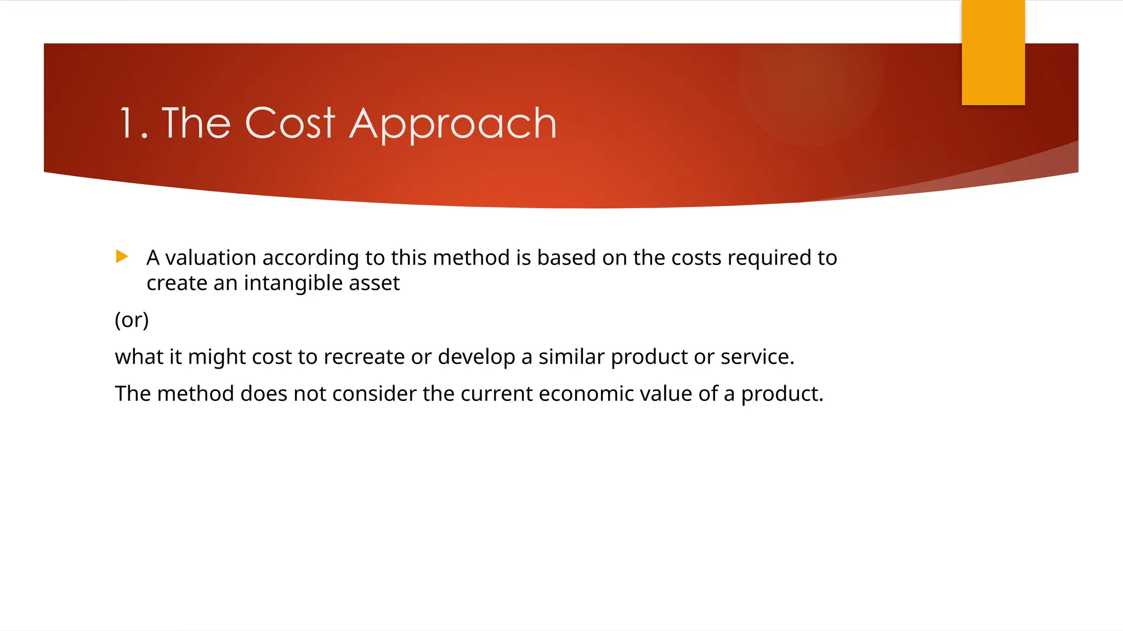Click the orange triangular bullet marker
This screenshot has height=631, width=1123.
click(122, 256)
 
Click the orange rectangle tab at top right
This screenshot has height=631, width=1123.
click(993, 52)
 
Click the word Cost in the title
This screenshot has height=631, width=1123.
click(290, 123)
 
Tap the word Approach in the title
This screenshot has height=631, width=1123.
click(453, 125)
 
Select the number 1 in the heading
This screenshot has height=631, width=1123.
click(127, 124)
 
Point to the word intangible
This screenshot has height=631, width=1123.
click(301, 283)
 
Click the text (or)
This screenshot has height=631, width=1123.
click(132, 320)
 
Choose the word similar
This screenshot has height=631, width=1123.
click(571, 357)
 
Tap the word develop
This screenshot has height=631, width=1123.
click(476, 357)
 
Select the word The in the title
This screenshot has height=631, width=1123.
click(196, 123)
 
